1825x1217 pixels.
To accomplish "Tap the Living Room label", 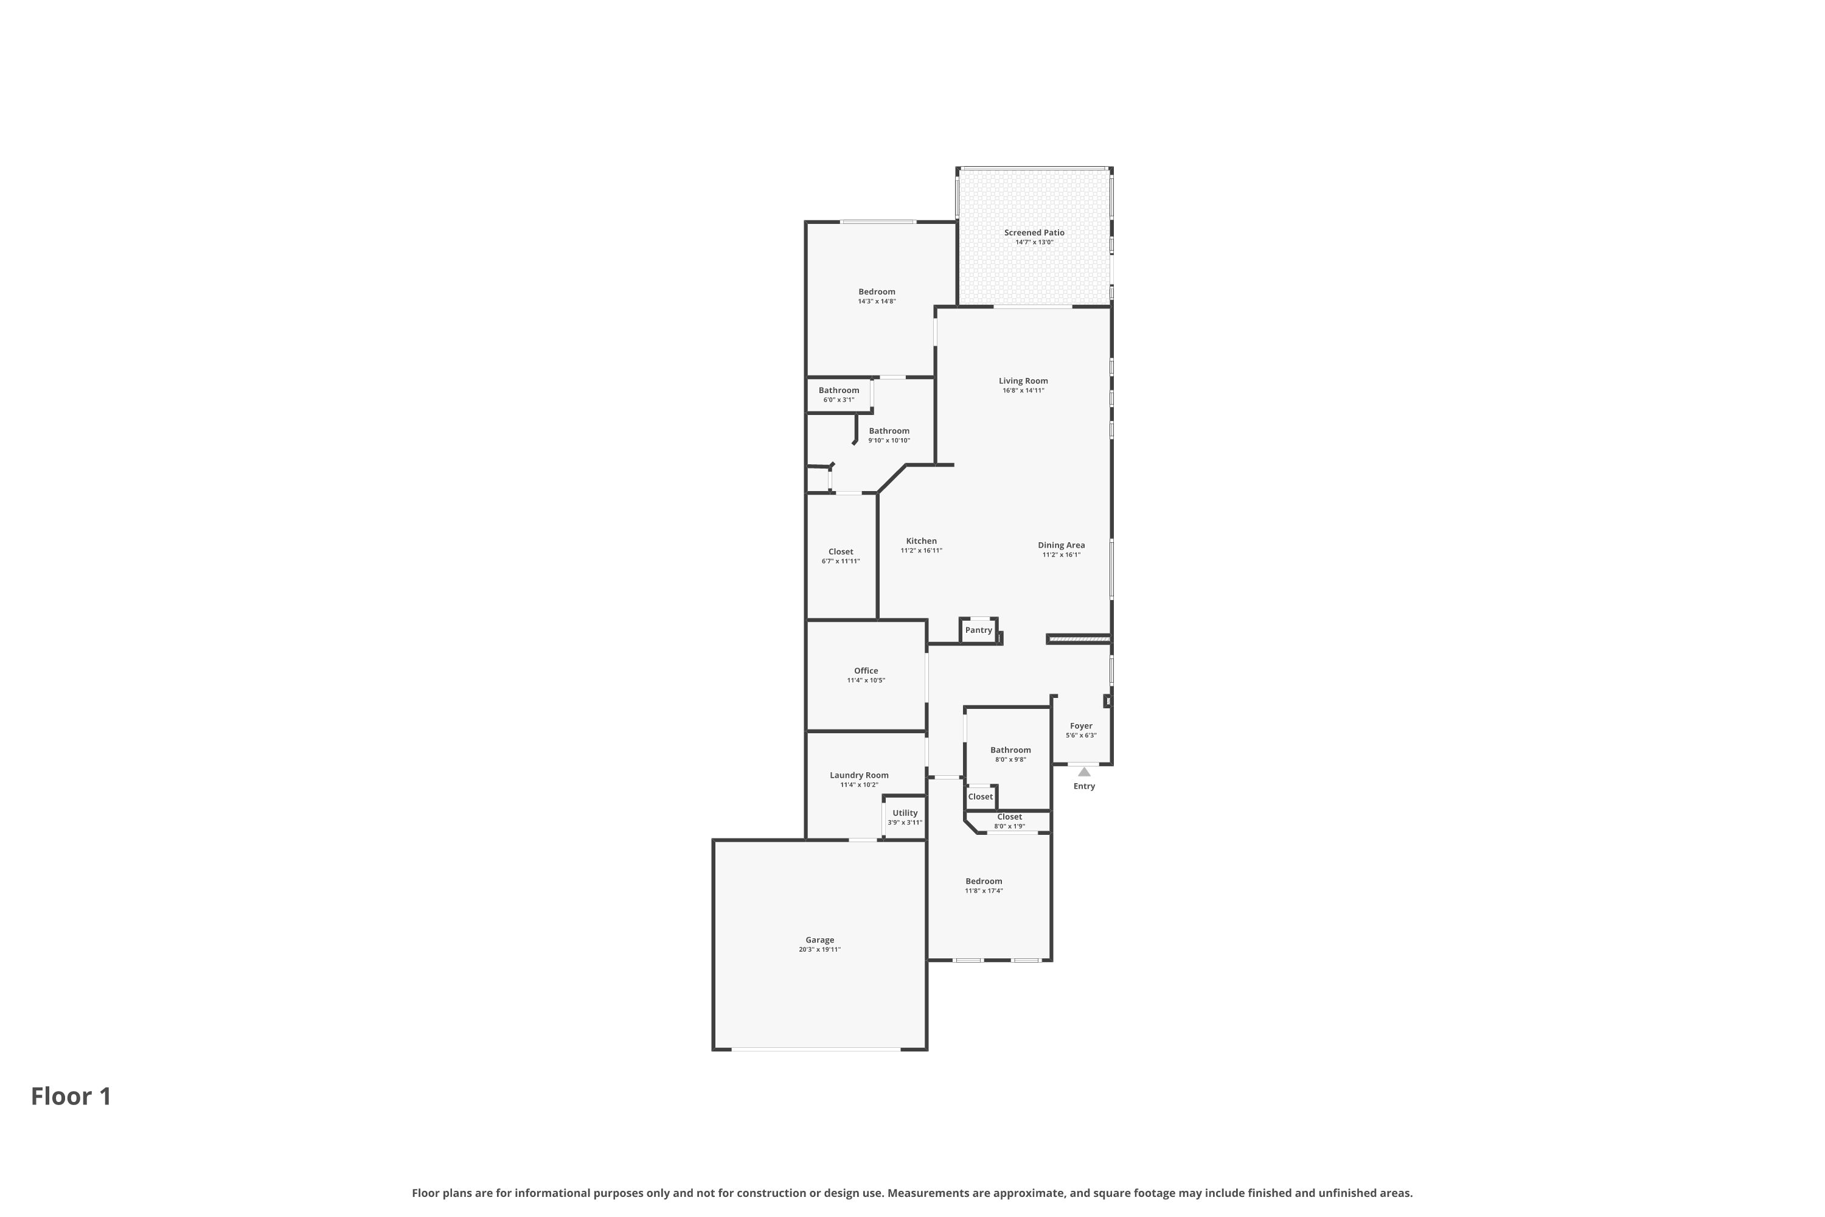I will point(1023,381).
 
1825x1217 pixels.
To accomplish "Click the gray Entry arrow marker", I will point(1084,772).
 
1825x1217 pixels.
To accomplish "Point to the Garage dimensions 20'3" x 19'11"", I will point(819,949).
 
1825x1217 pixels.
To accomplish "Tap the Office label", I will point(866,671).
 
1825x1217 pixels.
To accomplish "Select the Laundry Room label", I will point(859,775).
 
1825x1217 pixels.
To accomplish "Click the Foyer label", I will point(1081,727).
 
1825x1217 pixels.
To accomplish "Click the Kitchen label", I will point(921,541).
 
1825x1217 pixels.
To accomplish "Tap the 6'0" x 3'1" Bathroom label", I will point(839,391).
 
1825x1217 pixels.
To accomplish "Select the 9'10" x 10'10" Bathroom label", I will point(888,431).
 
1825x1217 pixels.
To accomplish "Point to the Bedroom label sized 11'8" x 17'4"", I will point(983,882).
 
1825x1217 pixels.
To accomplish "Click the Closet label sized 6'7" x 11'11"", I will point(840,552).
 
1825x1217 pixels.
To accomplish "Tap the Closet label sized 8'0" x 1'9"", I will point(1009,817).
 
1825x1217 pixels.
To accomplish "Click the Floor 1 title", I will point(71,1097).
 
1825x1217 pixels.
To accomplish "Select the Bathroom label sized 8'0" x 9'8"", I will point(1010,750).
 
